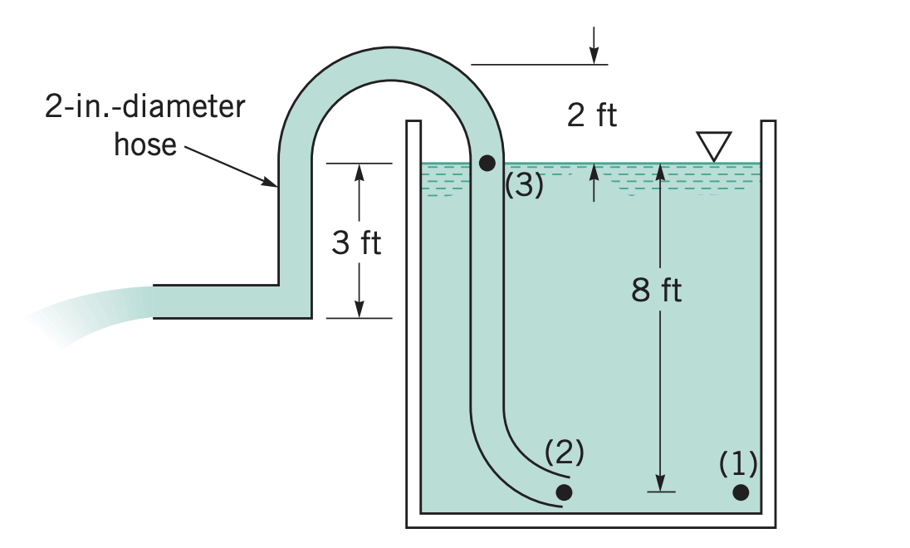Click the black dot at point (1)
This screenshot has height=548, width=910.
[x=741, y=492]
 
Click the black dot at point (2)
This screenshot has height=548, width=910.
[x=564, y=492]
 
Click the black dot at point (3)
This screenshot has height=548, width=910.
[x=487, y=162]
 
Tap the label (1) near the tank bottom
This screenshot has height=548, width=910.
[x=738, y=462]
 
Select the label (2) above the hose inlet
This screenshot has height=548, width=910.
[x=565, y=453]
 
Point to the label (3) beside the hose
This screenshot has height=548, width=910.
[x=524, y=185]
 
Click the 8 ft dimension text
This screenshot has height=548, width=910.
[x=656, y=291]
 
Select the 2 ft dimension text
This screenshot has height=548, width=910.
[x=592, y=116]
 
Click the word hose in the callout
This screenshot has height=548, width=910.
[x=145, y=144]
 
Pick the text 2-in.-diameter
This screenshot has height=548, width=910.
[x=144, y=108]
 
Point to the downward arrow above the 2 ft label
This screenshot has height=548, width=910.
[x=594, y=55]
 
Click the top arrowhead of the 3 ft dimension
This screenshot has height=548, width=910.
[x=359, y=169]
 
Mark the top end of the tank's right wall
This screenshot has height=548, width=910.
[x=768, y=123]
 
